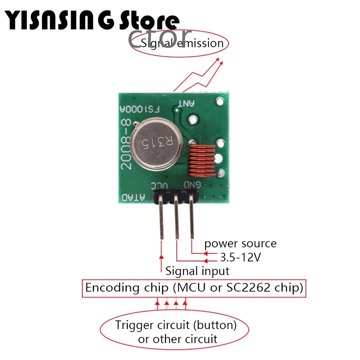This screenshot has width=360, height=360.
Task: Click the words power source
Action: (x=240, y=244)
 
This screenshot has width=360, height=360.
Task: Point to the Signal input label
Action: (x=197, y=271)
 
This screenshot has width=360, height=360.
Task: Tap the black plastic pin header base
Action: (x=175, y=196)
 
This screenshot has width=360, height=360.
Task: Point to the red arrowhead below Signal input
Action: (x=162, y=257)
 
